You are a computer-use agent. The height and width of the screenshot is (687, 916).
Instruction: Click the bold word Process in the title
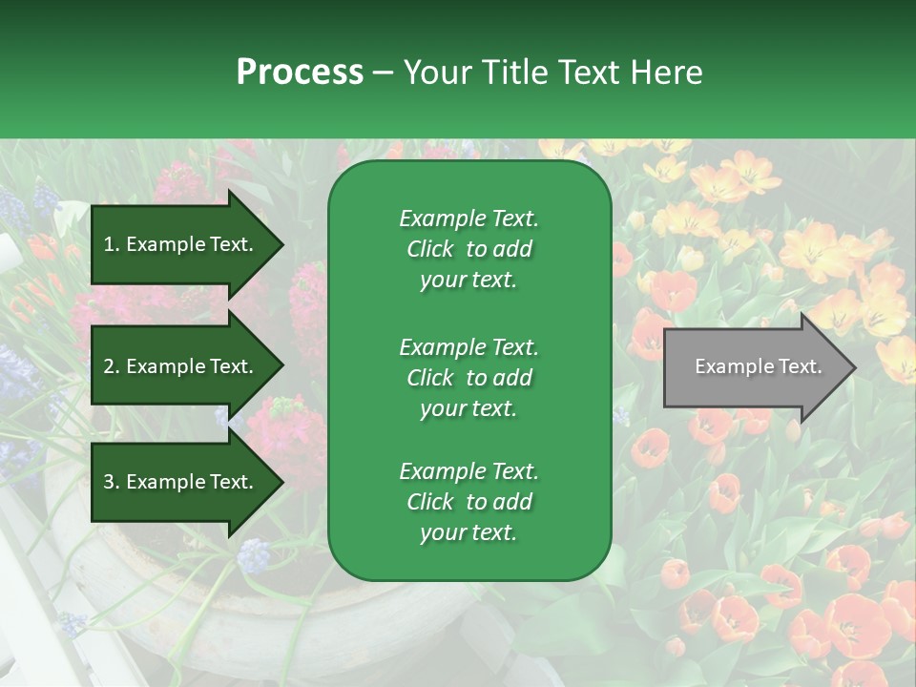(300, 73)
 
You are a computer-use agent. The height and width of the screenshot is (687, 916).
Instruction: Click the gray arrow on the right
(754, 367)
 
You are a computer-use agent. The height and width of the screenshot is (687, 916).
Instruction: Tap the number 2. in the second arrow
(112, 366)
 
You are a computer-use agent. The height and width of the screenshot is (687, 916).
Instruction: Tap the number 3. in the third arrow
(112, 483)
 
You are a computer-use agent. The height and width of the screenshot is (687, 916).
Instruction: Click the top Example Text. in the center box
(468, 219)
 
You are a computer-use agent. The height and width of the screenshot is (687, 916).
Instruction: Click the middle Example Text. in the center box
(468, 346)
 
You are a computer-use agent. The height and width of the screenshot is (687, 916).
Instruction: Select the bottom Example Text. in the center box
(468, 471)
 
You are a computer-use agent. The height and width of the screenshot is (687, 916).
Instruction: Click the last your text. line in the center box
(468, 533)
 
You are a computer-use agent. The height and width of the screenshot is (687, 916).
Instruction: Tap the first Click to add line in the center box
(468, 249)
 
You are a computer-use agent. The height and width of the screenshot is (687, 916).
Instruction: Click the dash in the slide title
(384, 73)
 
